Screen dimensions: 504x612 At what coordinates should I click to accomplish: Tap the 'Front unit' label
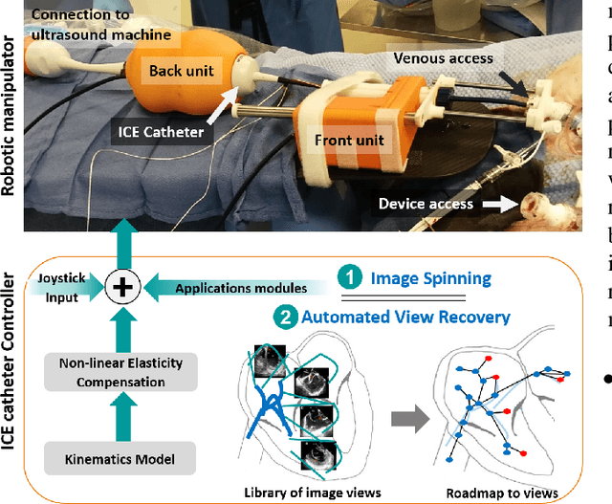pyautogui.click(x=350, y=140)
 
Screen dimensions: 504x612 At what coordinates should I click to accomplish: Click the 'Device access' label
pyautogui.click(x=426, y=203)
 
